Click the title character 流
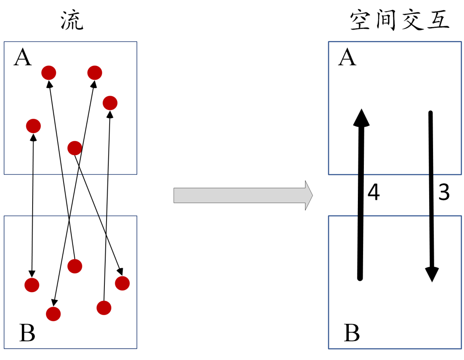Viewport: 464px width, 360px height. (x=72, y=21)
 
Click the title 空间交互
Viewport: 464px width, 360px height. (x=400, y=21)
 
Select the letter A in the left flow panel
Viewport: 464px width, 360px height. (x=23, y=58)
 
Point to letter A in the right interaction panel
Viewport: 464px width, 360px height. (x=347, y=58)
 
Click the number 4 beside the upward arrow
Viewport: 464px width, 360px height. (x=374, y=193)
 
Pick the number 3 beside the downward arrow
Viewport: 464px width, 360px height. (x=444, y=193)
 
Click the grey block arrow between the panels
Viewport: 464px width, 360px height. (x=243, y=195)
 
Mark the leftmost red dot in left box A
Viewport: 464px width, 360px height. (x=34, y=126)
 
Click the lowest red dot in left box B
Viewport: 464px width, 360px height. (x=53, y=314)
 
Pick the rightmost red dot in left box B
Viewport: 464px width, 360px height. (x=122, y=283)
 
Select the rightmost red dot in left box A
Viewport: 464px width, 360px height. (x=110, y=103)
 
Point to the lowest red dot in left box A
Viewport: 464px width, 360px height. (x=75, y=148)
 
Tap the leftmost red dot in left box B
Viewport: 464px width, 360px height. (x=32, y=285)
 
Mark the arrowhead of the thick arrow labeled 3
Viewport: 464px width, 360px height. (x=432, y=274)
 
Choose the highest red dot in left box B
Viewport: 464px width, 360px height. (x=75, y=266)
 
